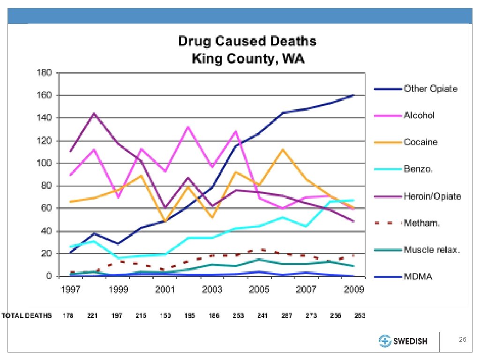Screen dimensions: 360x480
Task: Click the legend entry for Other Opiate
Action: (x=430, y=89)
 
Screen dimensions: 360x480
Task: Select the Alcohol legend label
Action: (x=419, y=115)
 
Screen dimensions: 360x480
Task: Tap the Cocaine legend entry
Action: (x=420, y=142)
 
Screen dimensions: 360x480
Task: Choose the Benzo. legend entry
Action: (x=418, y=169)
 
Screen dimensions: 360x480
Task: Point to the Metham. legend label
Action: (x=422, y=223)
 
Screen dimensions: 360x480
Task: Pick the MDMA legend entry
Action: (x=418, y=277)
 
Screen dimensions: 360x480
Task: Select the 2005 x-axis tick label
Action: (x=259, y=289)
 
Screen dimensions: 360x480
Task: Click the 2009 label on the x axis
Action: (x=353, y=289)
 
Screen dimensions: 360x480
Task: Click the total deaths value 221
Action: (x=92, y=315)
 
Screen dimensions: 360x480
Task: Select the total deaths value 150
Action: (x=165, y=315)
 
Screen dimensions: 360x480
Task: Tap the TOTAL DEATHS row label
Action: (x=27, y=315)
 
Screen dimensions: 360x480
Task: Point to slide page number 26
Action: (x=462, y=339)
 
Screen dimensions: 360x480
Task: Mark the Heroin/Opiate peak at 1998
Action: (x=94, y=113)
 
